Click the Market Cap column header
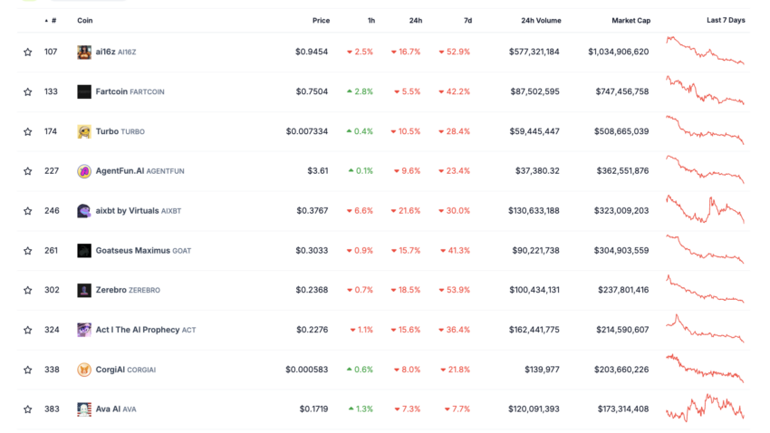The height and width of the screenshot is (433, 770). (630, 20)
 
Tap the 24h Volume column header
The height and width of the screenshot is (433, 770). (541, 20)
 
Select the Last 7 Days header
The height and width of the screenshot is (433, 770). (726, 20)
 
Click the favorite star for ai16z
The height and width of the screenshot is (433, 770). (28, 53)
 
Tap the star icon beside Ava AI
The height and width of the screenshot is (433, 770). (28, 409)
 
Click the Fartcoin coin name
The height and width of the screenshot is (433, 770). (111, 91)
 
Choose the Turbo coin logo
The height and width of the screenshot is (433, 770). (84, 131)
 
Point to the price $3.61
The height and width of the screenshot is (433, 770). (317, 171)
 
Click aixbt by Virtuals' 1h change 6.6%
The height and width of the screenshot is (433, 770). (360, 211)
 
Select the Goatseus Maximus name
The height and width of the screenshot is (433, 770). (132, 251)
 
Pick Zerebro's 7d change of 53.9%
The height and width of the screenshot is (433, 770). (454, 290)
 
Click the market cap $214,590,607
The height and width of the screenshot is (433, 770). (622, 330)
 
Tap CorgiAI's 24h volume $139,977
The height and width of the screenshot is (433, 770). (541, 370)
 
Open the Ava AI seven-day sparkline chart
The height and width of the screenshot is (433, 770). (705, 409)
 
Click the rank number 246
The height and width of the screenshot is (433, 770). (52, 211)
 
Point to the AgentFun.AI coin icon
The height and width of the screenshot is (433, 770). (84, 171)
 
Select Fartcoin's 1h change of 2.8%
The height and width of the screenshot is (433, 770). (360, 91)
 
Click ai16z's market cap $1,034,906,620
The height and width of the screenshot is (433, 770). (618, 53)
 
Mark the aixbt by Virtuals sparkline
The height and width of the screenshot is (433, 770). (705, 209)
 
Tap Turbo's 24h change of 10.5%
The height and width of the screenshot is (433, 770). (406, 131)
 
